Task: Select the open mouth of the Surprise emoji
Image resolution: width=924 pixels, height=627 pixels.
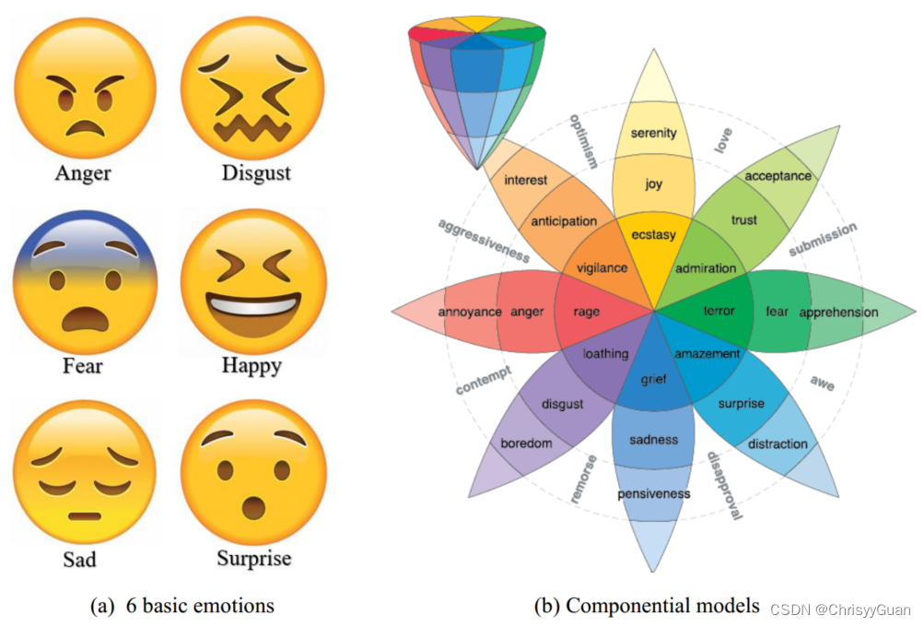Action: click(251, 508)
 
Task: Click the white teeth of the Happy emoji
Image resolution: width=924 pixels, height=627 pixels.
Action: click(252, 303)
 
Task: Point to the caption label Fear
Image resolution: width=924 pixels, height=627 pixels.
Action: click(83, 366)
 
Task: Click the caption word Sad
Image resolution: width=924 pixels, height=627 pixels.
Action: click(79, 560)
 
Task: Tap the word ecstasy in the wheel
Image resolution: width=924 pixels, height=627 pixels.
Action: click(653, 235)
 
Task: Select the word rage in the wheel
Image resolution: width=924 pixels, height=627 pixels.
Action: click(587, 312)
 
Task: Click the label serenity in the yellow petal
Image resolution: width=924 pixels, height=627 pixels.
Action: click(653, 133)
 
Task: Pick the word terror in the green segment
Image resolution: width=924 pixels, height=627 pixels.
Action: click(719, 311)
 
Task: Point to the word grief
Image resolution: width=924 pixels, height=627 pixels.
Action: click(653, 378)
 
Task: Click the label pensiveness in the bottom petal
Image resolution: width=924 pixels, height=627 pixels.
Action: click(653, 494)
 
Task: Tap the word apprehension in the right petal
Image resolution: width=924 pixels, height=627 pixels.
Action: click(838, 312)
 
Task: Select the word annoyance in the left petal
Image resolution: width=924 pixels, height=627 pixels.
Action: click(470, 312)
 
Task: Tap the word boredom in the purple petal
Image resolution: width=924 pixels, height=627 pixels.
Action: click(526, 444)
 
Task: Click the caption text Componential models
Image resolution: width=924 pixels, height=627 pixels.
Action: click(661, 606)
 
